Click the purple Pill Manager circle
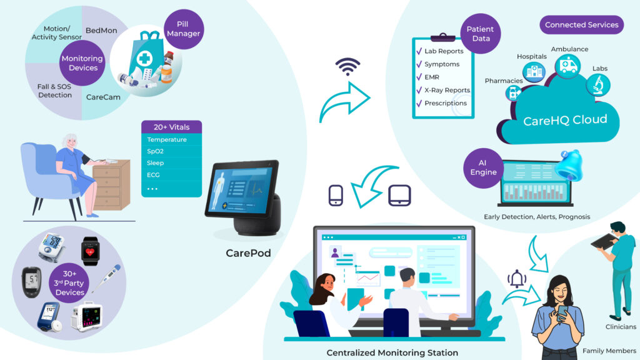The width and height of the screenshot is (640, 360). point(183,29)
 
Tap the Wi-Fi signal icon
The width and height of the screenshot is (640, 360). point(347,67)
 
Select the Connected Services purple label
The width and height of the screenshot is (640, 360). point(582,25)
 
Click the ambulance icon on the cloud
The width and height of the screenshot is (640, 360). point(567,66)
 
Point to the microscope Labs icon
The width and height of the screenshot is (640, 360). point(598,85)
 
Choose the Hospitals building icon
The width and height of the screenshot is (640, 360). point(534,72)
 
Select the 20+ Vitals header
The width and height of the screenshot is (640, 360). point(171,127)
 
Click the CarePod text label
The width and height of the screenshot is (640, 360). point(248,253)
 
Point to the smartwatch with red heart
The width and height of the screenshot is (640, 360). point(90,251)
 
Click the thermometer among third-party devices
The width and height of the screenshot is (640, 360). point(107,278)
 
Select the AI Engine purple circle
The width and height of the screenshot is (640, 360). point(483,167)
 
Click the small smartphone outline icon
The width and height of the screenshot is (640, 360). point(336,196)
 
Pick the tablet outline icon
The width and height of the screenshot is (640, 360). point(399,196)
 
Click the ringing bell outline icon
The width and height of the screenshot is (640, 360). point(517,279)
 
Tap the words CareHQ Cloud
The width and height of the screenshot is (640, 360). point(565,120)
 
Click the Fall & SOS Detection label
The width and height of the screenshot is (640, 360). point(55,91)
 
